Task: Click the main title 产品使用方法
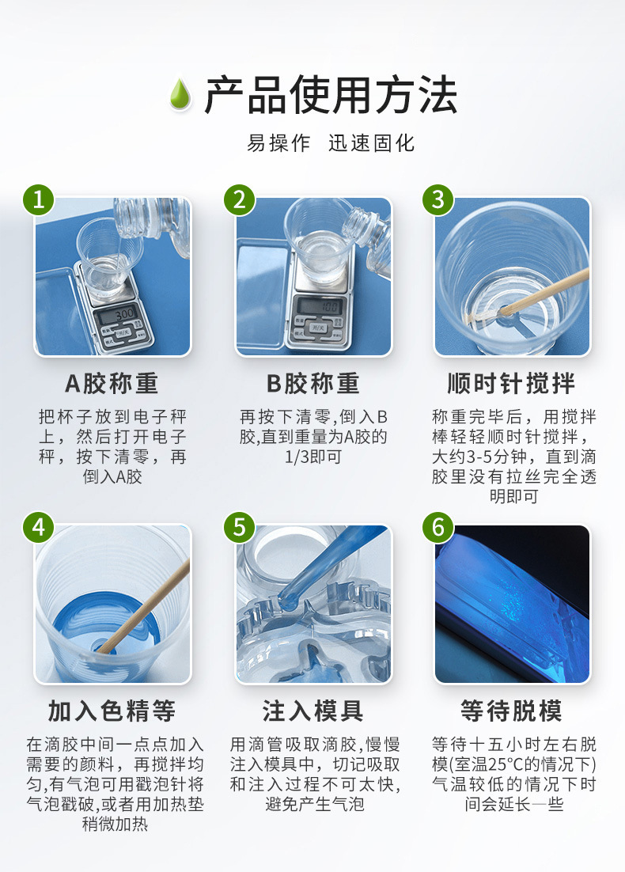pyautogui.click(x=330, y=96)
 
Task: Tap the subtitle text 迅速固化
pyautogui.click(x=371, y=142)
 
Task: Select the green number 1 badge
pyautogui.click(x=38, y=199)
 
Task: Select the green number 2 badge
pyautogui.click(x=240, y=199)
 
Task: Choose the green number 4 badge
pyautogui.click(x=38, y=526)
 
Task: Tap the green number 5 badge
pyautogui.click(x=240, y=526)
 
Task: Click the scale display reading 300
pyautogui.click(x=123, y=314)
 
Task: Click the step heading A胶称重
pyautogui.click(x=112, y=384)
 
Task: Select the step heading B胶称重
pyautogui.click(x=312, y=384)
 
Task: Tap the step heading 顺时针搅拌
pyautogui.click(x=512, y=384)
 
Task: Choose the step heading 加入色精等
pyautogui.click(x=112, y=711)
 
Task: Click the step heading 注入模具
pyautogui.click(x=312, y=711)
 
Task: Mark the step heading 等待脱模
pyautogui.click(x=512, y=711)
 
